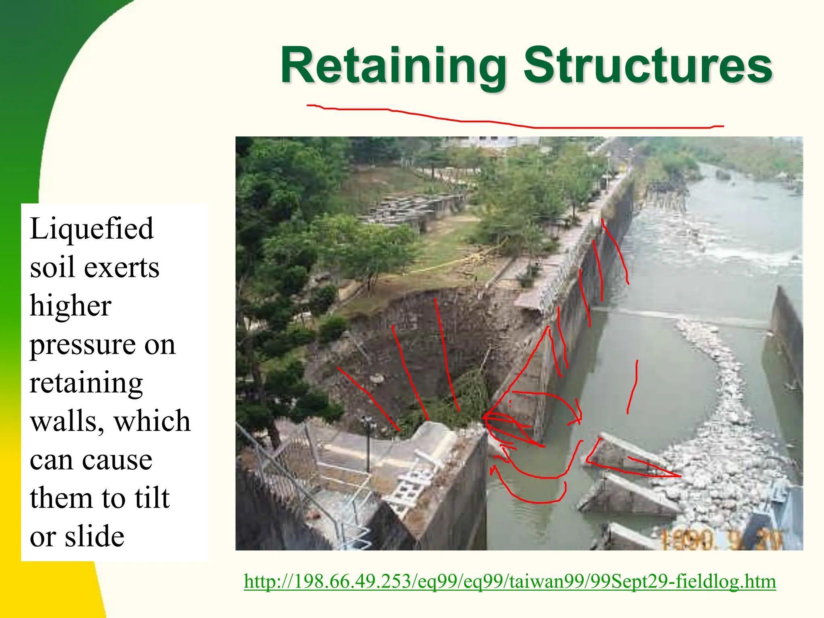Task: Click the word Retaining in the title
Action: tap(392, 66)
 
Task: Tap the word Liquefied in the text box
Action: tap(91, 229)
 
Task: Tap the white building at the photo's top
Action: tap(491, 142)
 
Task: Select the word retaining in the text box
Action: tap(86, 383)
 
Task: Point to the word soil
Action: tap(50, 268)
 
